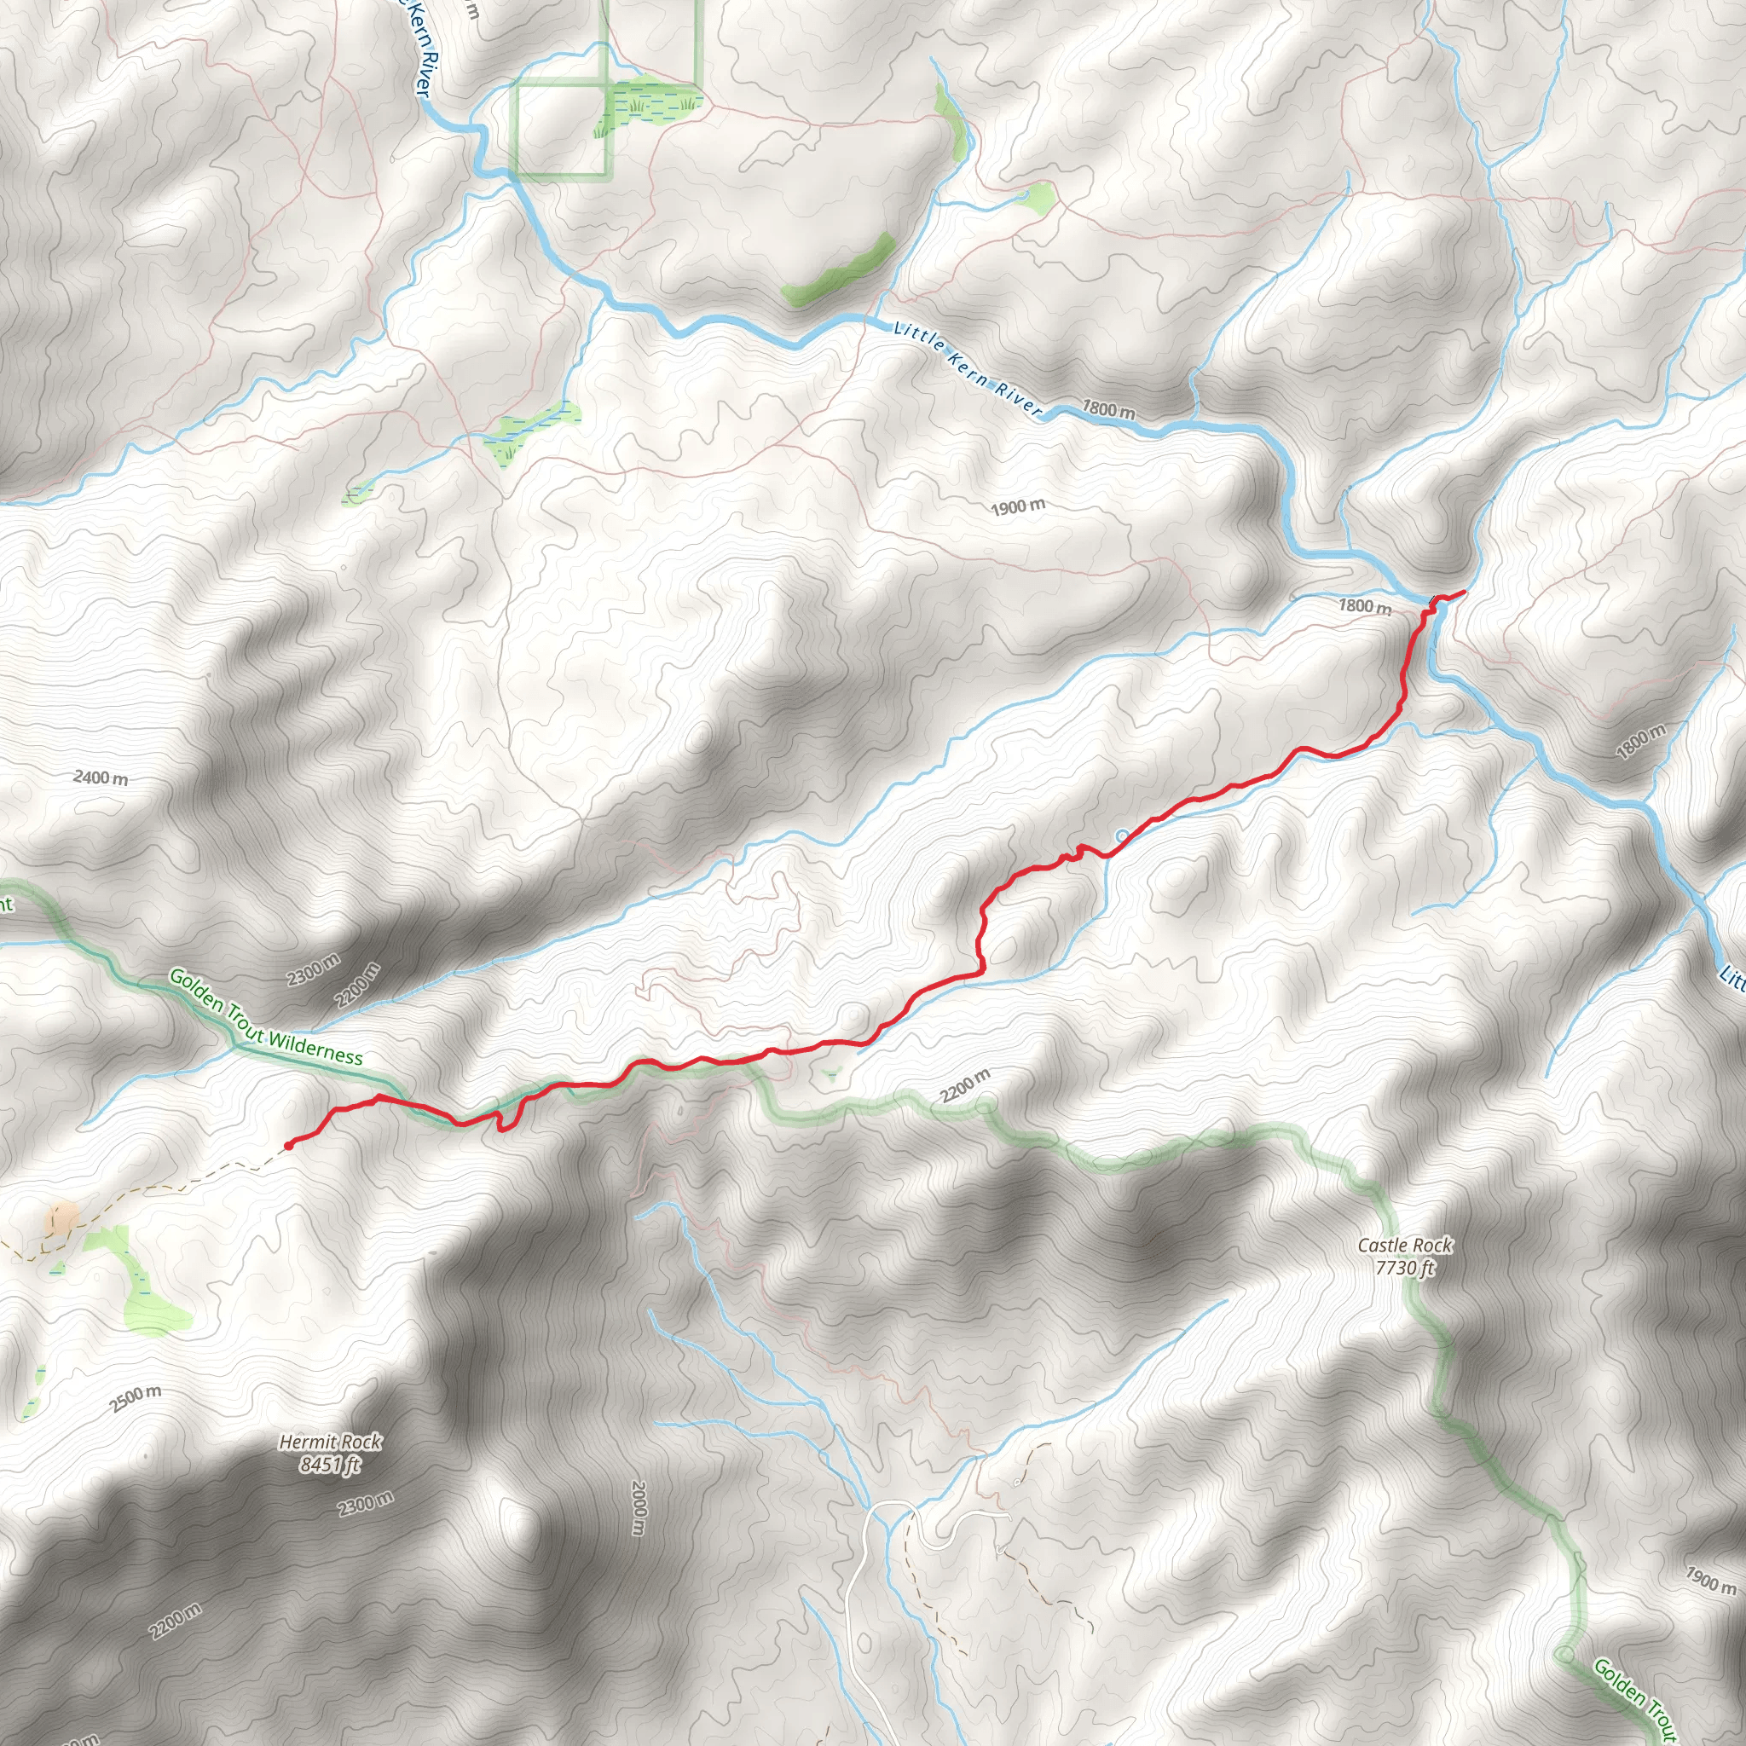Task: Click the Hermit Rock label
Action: point(330,1442)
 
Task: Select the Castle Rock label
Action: point(1405,1246)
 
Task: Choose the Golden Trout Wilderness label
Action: point(266,1018)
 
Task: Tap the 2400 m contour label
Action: point(101,778)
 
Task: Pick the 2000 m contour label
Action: point(639,1507)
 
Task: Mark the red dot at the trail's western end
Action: point(288,1145)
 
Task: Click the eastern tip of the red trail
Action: point(1463,591)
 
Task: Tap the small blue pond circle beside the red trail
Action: point(1123,836)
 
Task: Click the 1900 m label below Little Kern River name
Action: point(1018,507)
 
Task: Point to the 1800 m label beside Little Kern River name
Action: point(1109,409)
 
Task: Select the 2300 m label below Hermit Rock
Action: point(366,1505)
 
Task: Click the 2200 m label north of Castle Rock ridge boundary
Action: point(965,1085)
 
